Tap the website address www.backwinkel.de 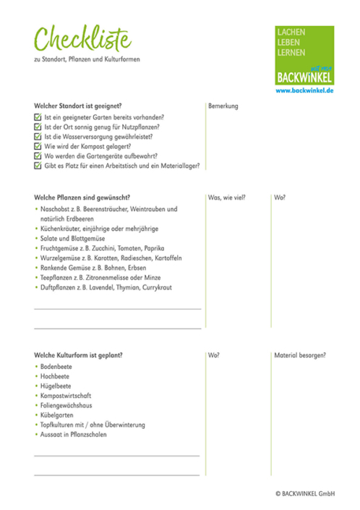tap(304, 90)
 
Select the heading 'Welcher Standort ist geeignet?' tap(77, 106)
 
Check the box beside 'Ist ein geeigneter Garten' tap(38, 116)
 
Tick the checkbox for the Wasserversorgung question tap(38, 136)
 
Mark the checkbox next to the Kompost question tap(38, 145)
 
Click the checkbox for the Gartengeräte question tap(38, 156)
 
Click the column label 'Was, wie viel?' tap(228, 197)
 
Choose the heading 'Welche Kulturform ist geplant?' tap(78, 355)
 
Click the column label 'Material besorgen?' tap(299, 355)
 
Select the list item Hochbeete tap(56, 377)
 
